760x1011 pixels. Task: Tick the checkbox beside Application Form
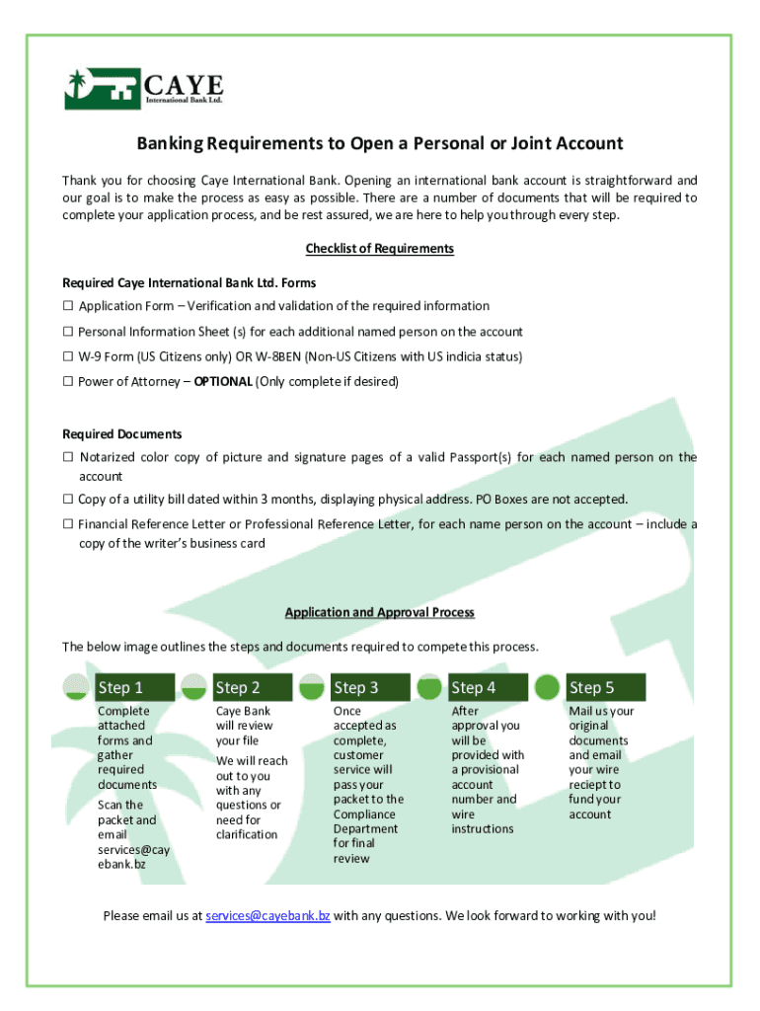[x=69, y=306]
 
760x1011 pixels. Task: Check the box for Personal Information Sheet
[x=69, y=332]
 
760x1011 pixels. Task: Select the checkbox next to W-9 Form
[x=69, y=356]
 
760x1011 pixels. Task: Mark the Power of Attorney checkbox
[x=69, y=381]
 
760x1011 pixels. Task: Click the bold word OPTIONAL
[x=223, y=381]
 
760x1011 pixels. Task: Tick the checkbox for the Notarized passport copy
[x=69, y=457]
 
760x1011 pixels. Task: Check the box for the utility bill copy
[x=69, y=500]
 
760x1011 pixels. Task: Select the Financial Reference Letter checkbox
[x=69, y=524]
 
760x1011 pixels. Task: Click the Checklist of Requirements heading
[x=379, y=249]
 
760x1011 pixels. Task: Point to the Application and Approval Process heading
[x=379, y=612]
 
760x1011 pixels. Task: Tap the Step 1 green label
[x=133, y=687]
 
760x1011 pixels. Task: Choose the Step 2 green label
[x=251, y=687]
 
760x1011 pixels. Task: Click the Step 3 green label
[x=369, y=687]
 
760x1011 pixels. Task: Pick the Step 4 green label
[x=487, y=687]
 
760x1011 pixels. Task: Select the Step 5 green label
[x=604, y=687]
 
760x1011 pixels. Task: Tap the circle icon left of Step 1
[x=76, y=687]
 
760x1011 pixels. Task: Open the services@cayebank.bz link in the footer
[x=267, y=916]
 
